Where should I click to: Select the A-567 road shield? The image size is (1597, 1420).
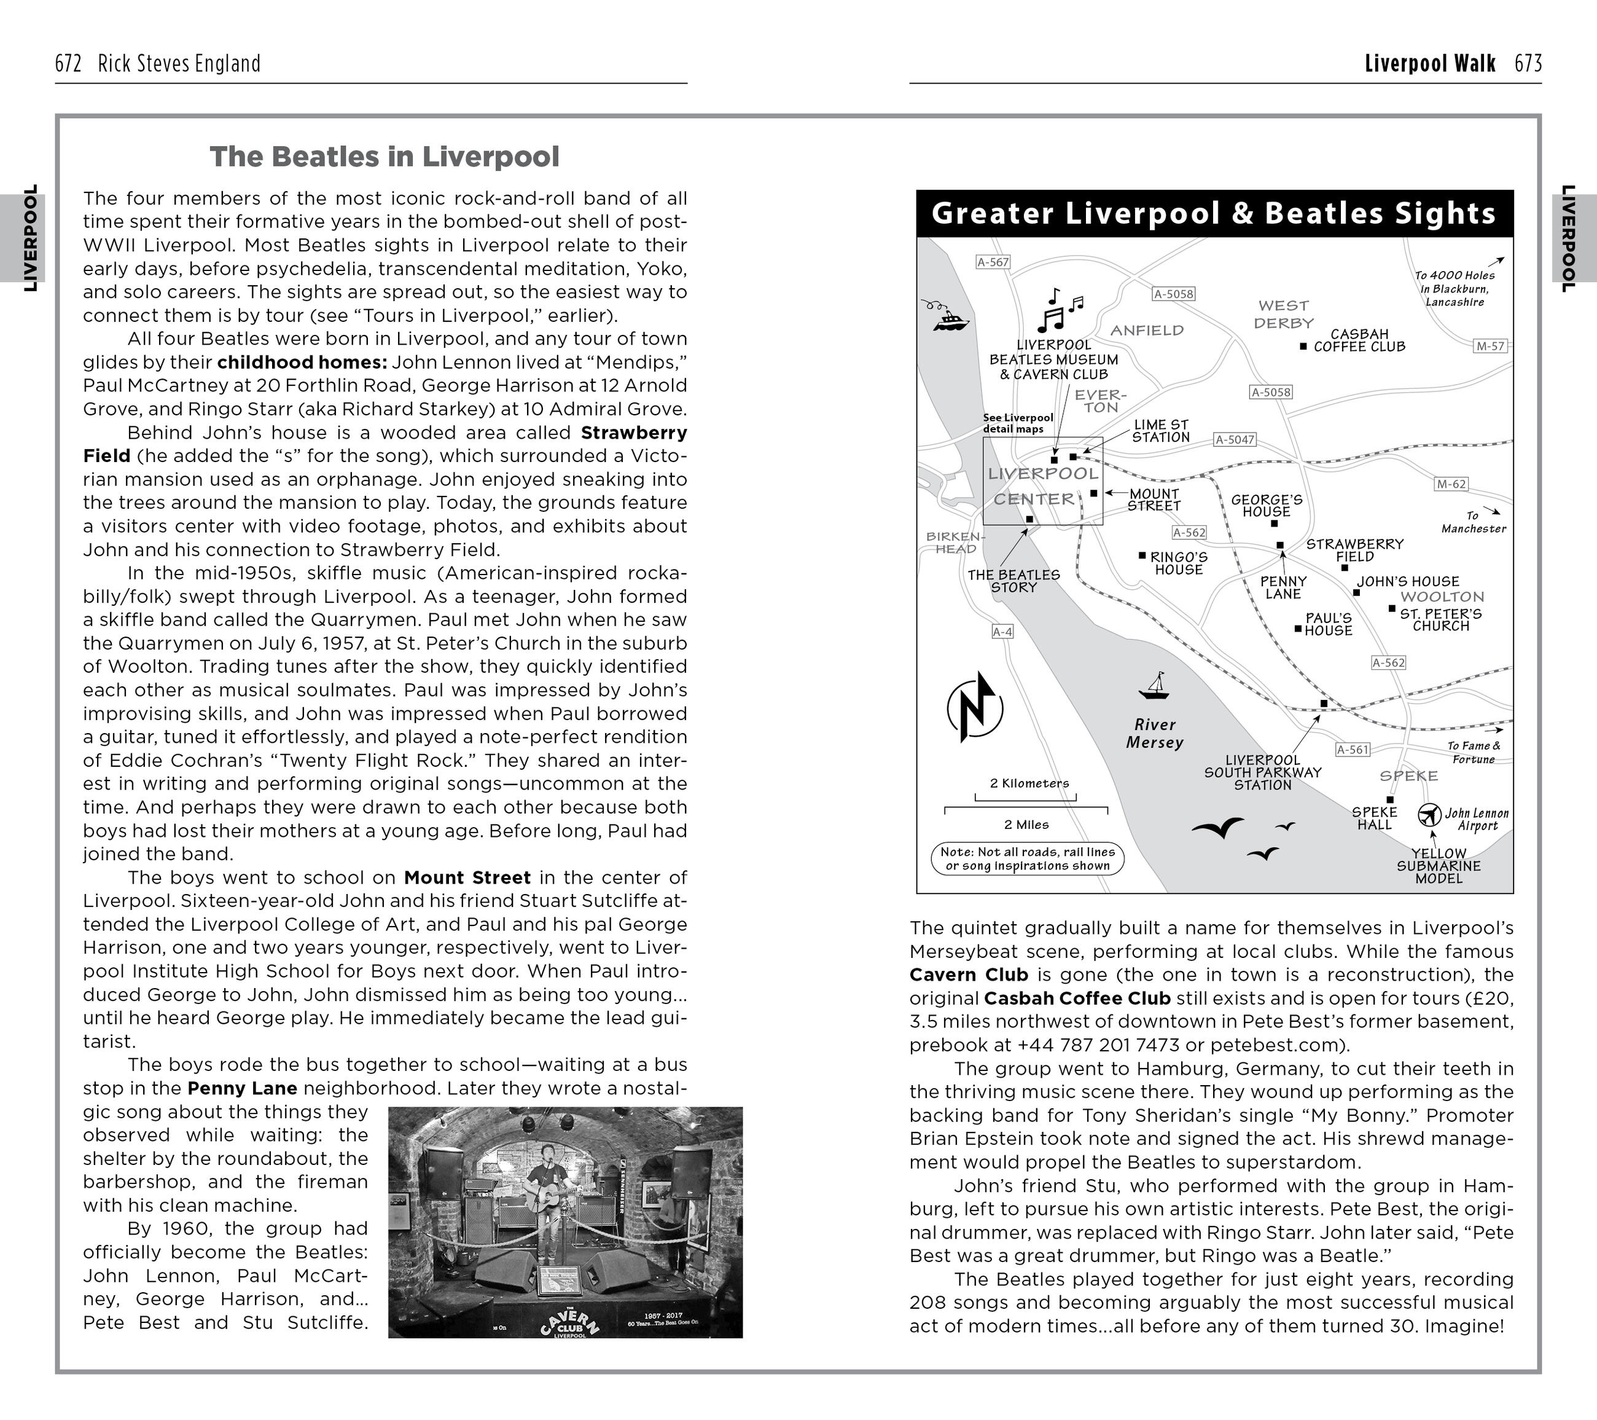pyautogui.click(x=993, y=262)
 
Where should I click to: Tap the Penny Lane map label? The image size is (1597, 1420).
pyautogui.click(x=1283, y=587)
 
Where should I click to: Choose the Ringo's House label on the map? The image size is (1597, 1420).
pyautogui.click(x=1179, y=563)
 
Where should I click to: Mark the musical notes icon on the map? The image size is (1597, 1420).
pyautogui.click(x=1060, y=311)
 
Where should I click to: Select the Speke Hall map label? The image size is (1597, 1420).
pyautogui.click(x=1374, y=818)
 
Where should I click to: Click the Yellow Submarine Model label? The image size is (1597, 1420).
pyautogui.click(x=1439, y=866)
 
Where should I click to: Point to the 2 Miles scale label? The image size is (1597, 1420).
pyautogui.click(x=1026, y=825)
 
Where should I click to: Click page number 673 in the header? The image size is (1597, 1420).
pyautogui.click(x=1528, y=64)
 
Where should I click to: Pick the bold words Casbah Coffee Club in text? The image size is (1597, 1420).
pyautogui.click(x=1077, y=998)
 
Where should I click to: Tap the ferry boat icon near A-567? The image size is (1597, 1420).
pyautogui.click(x=950, y=319)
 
